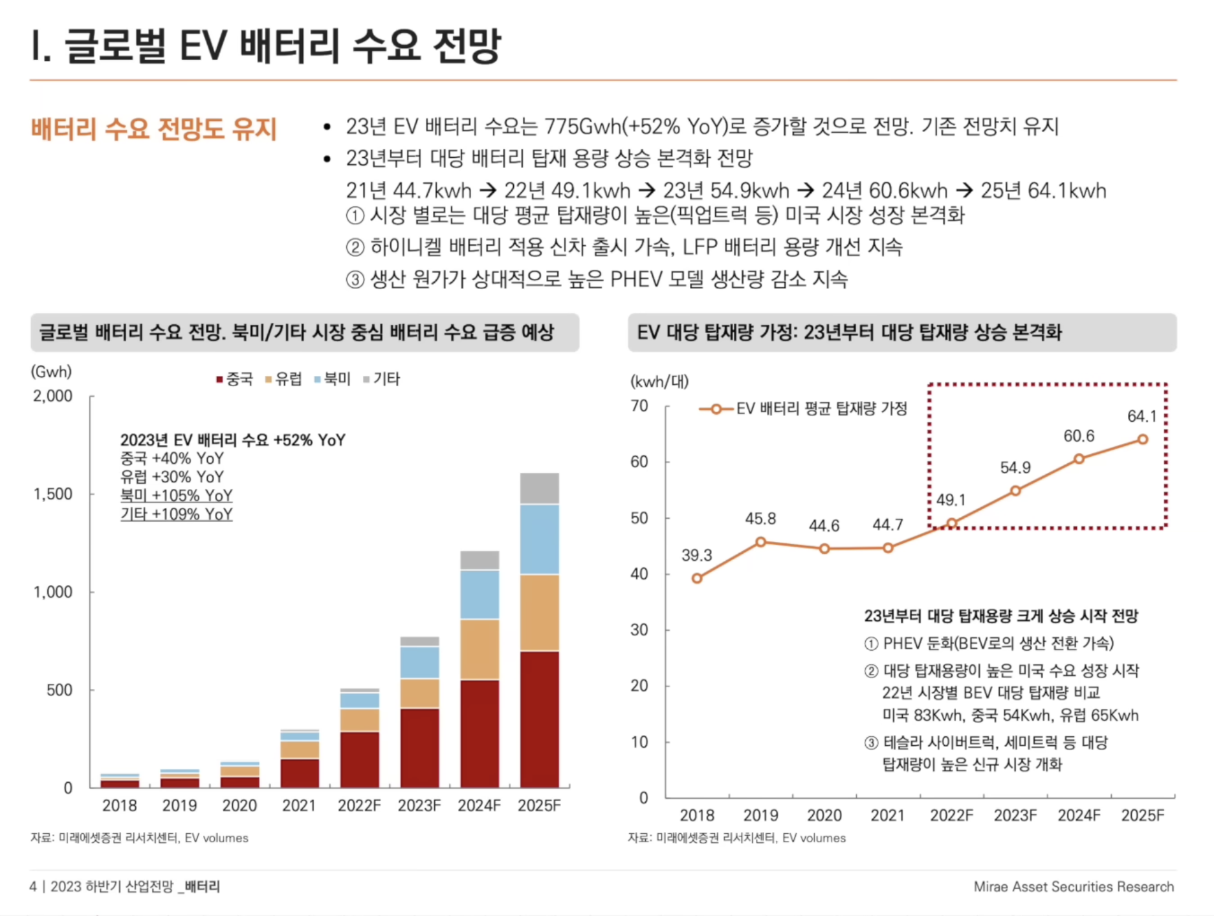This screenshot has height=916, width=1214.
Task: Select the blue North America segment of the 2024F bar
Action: (480, 594)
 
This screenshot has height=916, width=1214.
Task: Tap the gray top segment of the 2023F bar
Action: (419, 641)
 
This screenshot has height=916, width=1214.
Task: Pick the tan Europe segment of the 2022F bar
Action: (359, 719)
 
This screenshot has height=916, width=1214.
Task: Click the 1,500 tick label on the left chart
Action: (53, 494)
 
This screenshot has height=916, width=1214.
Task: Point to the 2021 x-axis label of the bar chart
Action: (299, 805)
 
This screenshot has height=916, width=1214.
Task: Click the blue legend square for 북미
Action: (317, 380)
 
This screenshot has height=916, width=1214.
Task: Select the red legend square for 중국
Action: (219, 380)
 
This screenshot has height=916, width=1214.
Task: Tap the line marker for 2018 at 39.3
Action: (696, 578)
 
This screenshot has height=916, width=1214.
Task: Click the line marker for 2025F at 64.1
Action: (1143, 439)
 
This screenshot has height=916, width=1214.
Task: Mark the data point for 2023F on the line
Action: (1015, 491)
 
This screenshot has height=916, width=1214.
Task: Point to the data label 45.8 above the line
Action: (760, 519)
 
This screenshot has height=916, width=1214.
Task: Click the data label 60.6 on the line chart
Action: (1079, 436)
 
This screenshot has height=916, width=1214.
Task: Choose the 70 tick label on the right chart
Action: (639, 406)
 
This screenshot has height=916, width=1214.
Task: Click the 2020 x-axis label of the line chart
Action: (824, 815)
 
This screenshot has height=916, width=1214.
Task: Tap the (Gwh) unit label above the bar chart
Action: (51, 371)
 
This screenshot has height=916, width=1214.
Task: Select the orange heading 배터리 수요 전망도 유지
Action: (154, 128)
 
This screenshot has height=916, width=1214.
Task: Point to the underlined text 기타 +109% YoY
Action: (176, 514)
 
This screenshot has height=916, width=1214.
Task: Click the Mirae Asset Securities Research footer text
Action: (1074, 886)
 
